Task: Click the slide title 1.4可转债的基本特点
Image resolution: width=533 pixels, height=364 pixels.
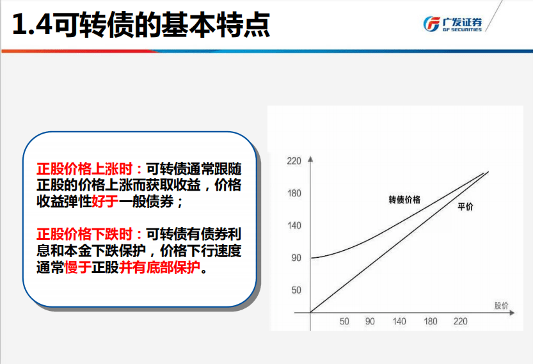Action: [141, 24]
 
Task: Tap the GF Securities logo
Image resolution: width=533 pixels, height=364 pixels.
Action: [452, 24]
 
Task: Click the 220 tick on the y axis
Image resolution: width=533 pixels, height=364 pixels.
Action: [294, 161]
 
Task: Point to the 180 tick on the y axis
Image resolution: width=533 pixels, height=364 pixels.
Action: [294, 193]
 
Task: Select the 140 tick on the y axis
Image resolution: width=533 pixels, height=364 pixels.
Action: [294, 225]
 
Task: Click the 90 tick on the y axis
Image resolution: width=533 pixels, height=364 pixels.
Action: [296, 258]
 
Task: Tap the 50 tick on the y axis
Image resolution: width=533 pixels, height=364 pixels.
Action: [296, 290]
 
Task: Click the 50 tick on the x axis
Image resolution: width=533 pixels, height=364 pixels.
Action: [344, 321]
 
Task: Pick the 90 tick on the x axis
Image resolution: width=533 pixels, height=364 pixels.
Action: [370, 321]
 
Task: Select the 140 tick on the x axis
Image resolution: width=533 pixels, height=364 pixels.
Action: [399, 321]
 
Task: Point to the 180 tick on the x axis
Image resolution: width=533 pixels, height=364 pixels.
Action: [431, 321]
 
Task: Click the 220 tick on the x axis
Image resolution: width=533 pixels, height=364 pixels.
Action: [460, 321]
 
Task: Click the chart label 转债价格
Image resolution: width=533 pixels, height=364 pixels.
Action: [404, 200]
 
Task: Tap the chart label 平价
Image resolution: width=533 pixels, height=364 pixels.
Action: [465, 206]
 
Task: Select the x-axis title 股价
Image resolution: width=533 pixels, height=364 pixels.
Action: [502, 306]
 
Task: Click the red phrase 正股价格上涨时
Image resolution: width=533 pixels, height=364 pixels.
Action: [84, 169]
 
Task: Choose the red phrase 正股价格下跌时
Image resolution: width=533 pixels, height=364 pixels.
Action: [84, 234]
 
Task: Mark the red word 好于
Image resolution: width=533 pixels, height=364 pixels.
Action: [105, 202]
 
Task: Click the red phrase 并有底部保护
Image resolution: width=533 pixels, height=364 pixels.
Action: [160, 267]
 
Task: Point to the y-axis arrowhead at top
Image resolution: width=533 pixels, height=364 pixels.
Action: [310, 159]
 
